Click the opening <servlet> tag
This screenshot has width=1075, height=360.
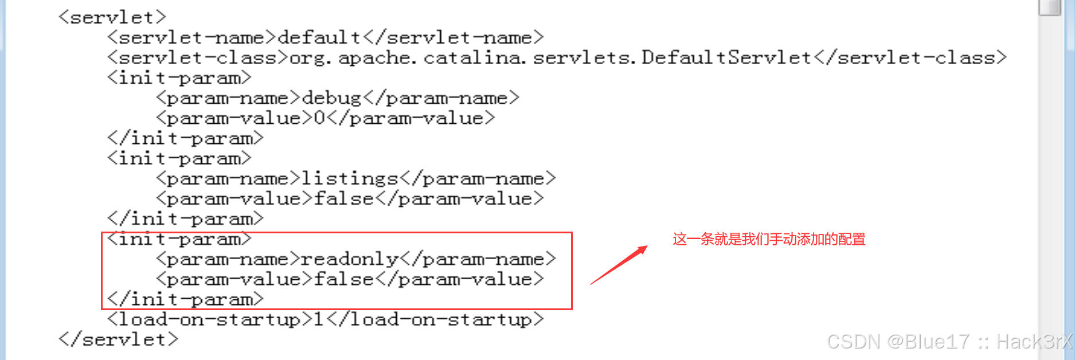click(x=112, y=17)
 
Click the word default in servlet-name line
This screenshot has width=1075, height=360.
click(x=319, y=37)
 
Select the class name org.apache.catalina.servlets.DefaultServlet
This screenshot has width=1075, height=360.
click(x=550, y=58)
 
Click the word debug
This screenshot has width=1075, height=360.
click(x=331, y=98)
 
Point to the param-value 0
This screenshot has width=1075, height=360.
click(x=319, y=118)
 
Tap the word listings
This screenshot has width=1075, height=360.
click(x=350, y=178)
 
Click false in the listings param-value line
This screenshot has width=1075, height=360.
click(x=343, y=198)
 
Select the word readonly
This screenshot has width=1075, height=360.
click(x=350, y=259)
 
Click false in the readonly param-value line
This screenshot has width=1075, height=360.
click(x=343, y=279)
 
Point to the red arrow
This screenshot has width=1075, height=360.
click(x=619, y=265)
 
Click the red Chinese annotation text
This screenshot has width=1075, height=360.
click(x=769, y=239)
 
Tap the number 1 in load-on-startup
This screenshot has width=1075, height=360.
click(x=319, y=319)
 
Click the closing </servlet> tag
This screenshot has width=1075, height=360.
click(x=118, y=339)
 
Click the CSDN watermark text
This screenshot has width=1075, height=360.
click(x=949, y=342)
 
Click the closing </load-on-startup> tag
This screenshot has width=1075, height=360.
click(x=435, y=319)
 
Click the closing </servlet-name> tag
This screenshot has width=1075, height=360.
click(x=453, y=37)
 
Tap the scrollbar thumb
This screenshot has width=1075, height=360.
click(x=1050, y=7)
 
